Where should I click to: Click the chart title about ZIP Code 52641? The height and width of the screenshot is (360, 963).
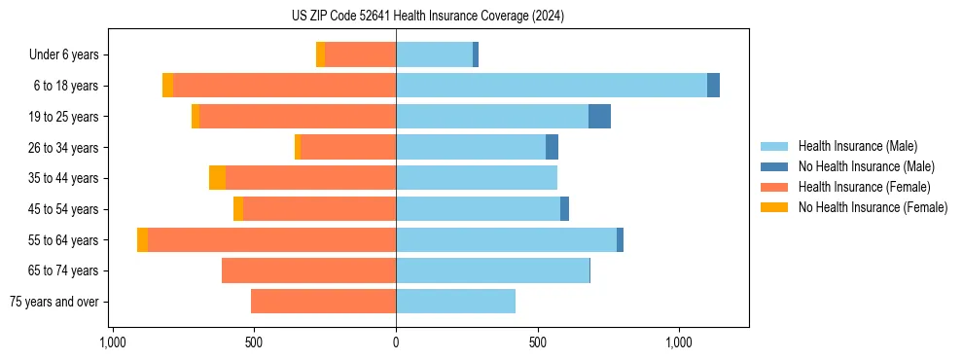click(x=427, y=17)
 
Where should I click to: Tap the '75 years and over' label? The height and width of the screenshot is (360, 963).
click(x=54, y=302)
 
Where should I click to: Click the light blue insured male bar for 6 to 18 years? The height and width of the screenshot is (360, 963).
click(x=551, y=86)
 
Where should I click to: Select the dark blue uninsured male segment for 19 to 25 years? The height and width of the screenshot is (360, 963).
click(x=599, y=117)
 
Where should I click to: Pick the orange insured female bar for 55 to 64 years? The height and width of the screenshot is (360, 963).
click(x=271, y=240)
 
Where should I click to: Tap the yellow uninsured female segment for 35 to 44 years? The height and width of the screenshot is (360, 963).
click(x=217, y=178)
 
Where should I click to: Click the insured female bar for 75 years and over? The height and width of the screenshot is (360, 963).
click(x=323, y=302)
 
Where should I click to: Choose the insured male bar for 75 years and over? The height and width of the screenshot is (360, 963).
click(x=455, y=302)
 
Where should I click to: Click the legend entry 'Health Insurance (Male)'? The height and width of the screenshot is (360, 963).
click(x=857, y=146)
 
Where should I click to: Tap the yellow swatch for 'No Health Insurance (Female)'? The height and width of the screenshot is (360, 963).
click(x=774, y=207)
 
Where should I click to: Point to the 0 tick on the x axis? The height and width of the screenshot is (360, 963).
click(x=396, y=342)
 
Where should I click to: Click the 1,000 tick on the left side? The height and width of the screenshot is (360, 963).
click(x=113, y=342)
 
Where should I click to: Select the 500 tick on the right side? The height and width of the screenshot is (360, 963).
click(x=538, y=342)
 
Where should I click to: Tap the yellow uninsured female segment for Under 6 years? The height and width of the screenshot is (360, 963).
click(x=320, y=55)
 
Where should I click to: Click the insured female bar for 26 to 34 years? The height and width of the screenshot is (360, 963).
click(x=348, y=148)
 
